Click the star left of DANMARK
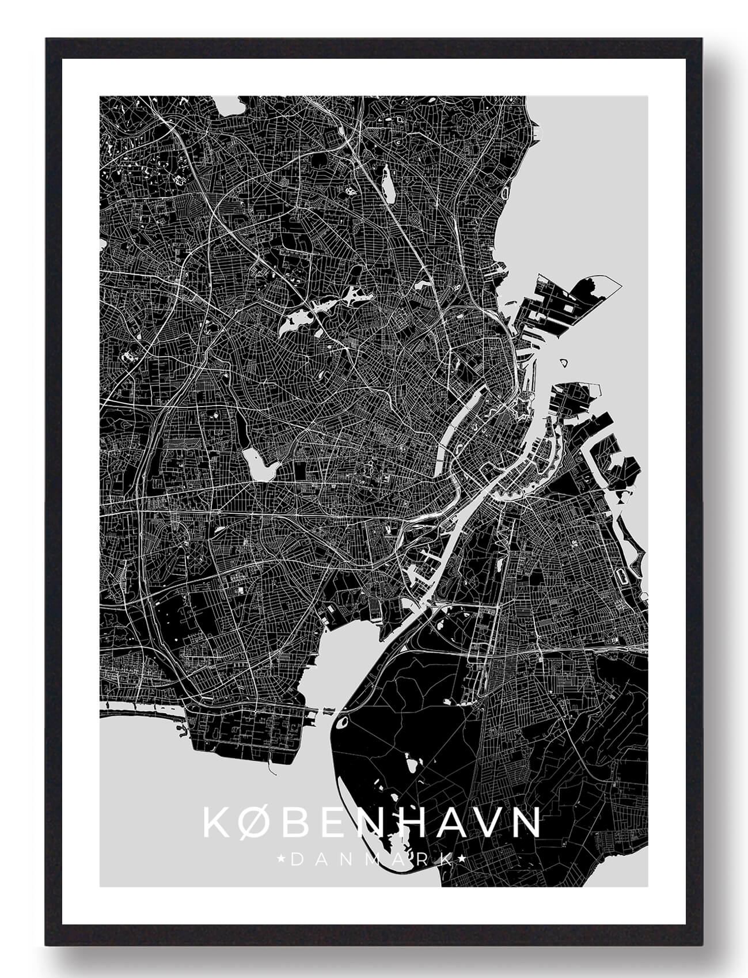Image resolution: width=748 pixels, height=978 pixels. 282,860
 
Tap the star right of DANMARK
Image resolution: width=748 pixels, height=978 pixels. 462,860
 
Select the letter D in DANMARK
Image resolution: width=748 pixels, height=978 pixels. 295,860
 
